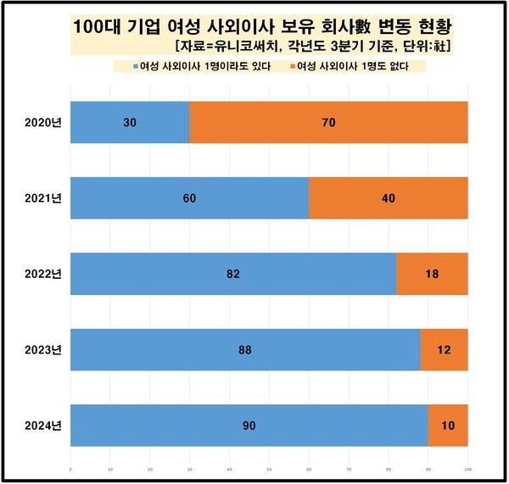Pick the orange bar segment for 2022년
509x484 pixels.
coord(432,274)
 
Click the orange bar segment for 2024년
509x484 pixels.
coord(448,425)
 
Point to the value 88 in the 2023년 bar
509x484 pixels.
coord(245,349)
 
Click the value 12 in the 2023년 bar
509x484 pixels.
coord(445,349)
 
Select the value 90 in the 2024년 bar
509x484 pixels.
coord(249,425)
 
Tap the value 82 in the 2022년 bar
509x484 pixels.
coord(233,274)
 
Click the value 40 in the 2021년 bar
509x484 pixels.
coord(389,198)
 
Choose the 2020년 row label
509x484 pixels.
coord(40,123)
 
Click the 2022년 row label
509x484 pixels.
coord(40,274)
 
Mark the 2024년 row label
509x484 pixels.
coord(40,425)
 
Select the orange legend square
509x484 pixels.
coord(289,67)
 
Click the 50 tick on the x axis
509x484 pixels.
coord(269,467)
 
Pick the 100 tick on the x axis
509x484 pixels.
coord(467,467)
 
